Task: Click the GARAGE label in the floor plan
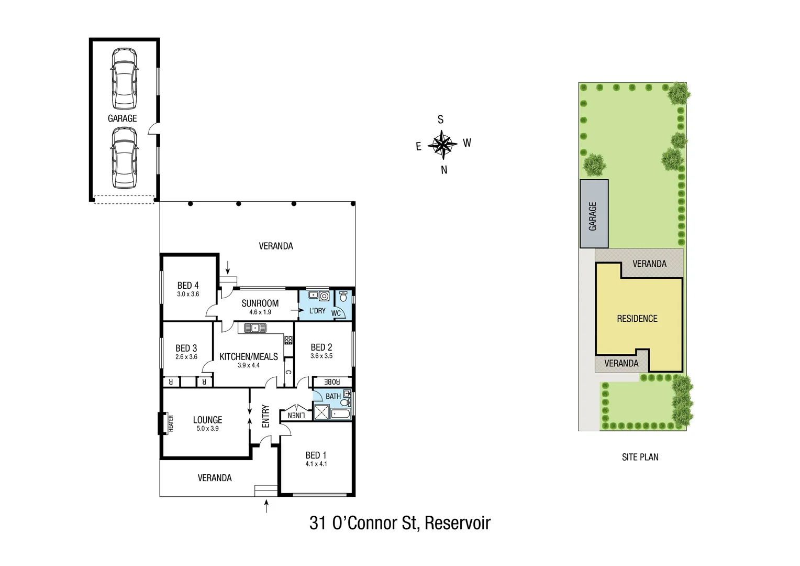tap(122, 118)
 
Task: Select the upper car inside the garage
tap(124, 79)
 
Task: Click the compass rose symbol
tap(443, 144)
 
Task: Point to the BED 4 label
tap(188, 286)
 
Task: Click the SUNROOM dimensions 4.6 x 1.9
tap(260, 312)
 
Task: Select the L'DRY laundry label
tap(317, 311)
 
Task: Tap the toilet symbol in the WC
tap(343, 297)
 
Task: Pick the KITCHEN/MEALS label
tap(249, 357)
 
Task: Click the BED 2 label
tap(321, 347)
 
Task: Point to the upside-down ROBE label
tap(332, 382)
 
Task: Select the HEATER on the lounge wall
tap(170, 423)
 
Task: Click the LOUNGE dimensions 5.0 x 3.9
tap(207, 429)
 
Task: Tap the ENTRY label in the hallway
tap(265, 416)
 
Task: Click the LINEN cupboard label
tap(296, 416)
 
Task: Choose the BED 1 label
tap(316, 455)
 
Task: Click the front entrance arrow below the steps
tap(266, 506)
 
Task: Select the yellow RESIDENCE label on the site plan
tap(637, 319)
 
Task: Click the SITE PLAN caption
tap(640, 457)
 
